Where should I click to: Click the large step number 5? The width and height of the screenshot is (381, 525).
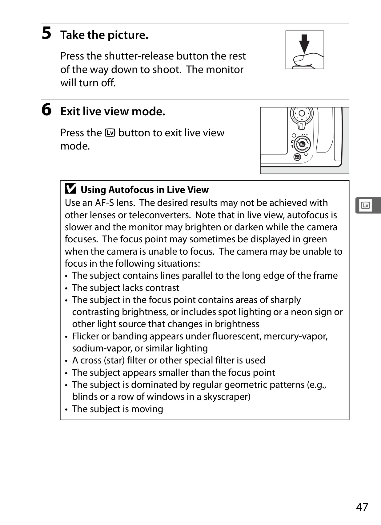click(x=46, y=33)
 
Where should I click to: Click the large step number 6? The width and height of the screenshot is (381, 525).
click(x=46, y=109)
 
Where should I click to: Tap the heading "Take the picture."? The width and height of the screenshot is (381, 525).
click(x=104, y=35)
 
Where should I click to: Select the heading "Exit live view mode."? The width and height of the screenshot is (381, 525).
click(x=113, y=111)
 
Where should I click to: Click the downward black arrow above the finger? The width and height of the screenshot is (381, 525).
click(x=304, y=44)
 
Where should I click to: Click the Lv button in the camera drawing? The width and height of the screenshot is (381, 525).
click(x=302, y=144)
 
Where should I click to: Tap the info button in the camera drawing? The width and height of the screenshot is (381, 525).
click(x=297, y=157)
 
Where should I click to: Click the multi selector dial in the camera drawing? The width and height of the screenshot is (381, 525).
click(x=302, y=114)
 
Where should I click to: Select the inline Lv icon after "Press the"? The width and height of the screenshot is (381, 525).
click(x=110, y=133)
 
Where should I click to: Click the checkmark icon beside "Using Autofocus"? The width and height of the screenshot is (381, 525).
click(x=70, y=188)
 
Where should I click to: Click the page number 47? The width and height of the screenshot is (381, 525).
click(x=362, y=507)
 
